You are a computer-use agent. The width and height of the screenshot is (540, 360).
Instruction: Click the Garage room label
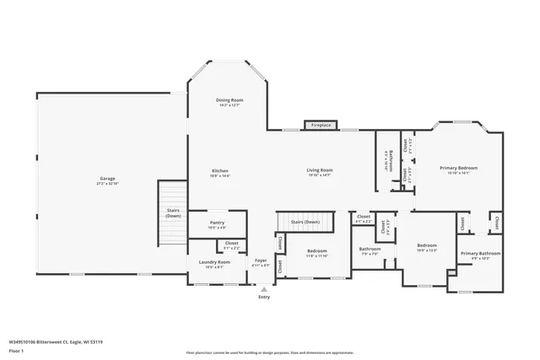click(x=107, y=180)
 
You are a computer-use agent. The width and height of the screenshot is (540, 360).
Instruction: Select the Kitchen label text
click(x=219, y=173)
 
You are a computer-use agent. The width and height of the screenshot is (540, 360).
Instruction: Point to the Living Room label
click(x=319, y=172)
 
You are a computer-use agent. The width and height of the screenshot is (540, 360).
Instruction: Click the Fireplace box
click(x=321, y=125)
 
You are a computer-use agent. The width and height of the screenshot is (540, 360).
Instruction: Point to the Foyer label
click(x=262, y=262)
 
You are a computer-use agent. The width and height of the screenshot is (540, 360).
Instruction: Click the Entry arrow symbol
click(x=264, y=288)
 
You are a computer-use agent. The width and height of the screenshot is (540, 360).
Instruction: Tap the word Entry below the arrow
click(x=264, y=297)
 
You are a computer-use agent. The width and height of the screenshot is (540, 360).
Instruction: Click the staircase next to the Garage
click(x=172, y=215)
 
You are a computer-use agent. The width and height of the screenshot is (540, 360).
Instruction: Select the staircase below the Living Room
click(x=305, y=222)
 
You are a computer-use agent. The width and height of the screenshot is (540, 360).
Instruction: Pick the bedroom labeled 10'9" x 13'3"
click(x=426, y=248)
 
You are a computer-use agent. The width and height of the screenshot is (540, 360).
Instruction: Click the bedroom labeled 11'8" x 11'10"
click(x=316, y=253)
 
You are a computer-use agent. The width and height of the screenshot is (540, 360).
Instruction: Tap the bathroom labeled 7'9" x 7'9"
click(x=370, y=250)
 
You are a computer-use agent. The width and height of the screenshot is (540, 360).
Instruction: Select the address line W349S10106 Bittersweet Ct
click(x=56, y=341)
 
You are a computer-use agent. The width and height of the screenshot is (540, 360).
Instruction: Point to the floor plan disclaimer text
click(x=270, y=351)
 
